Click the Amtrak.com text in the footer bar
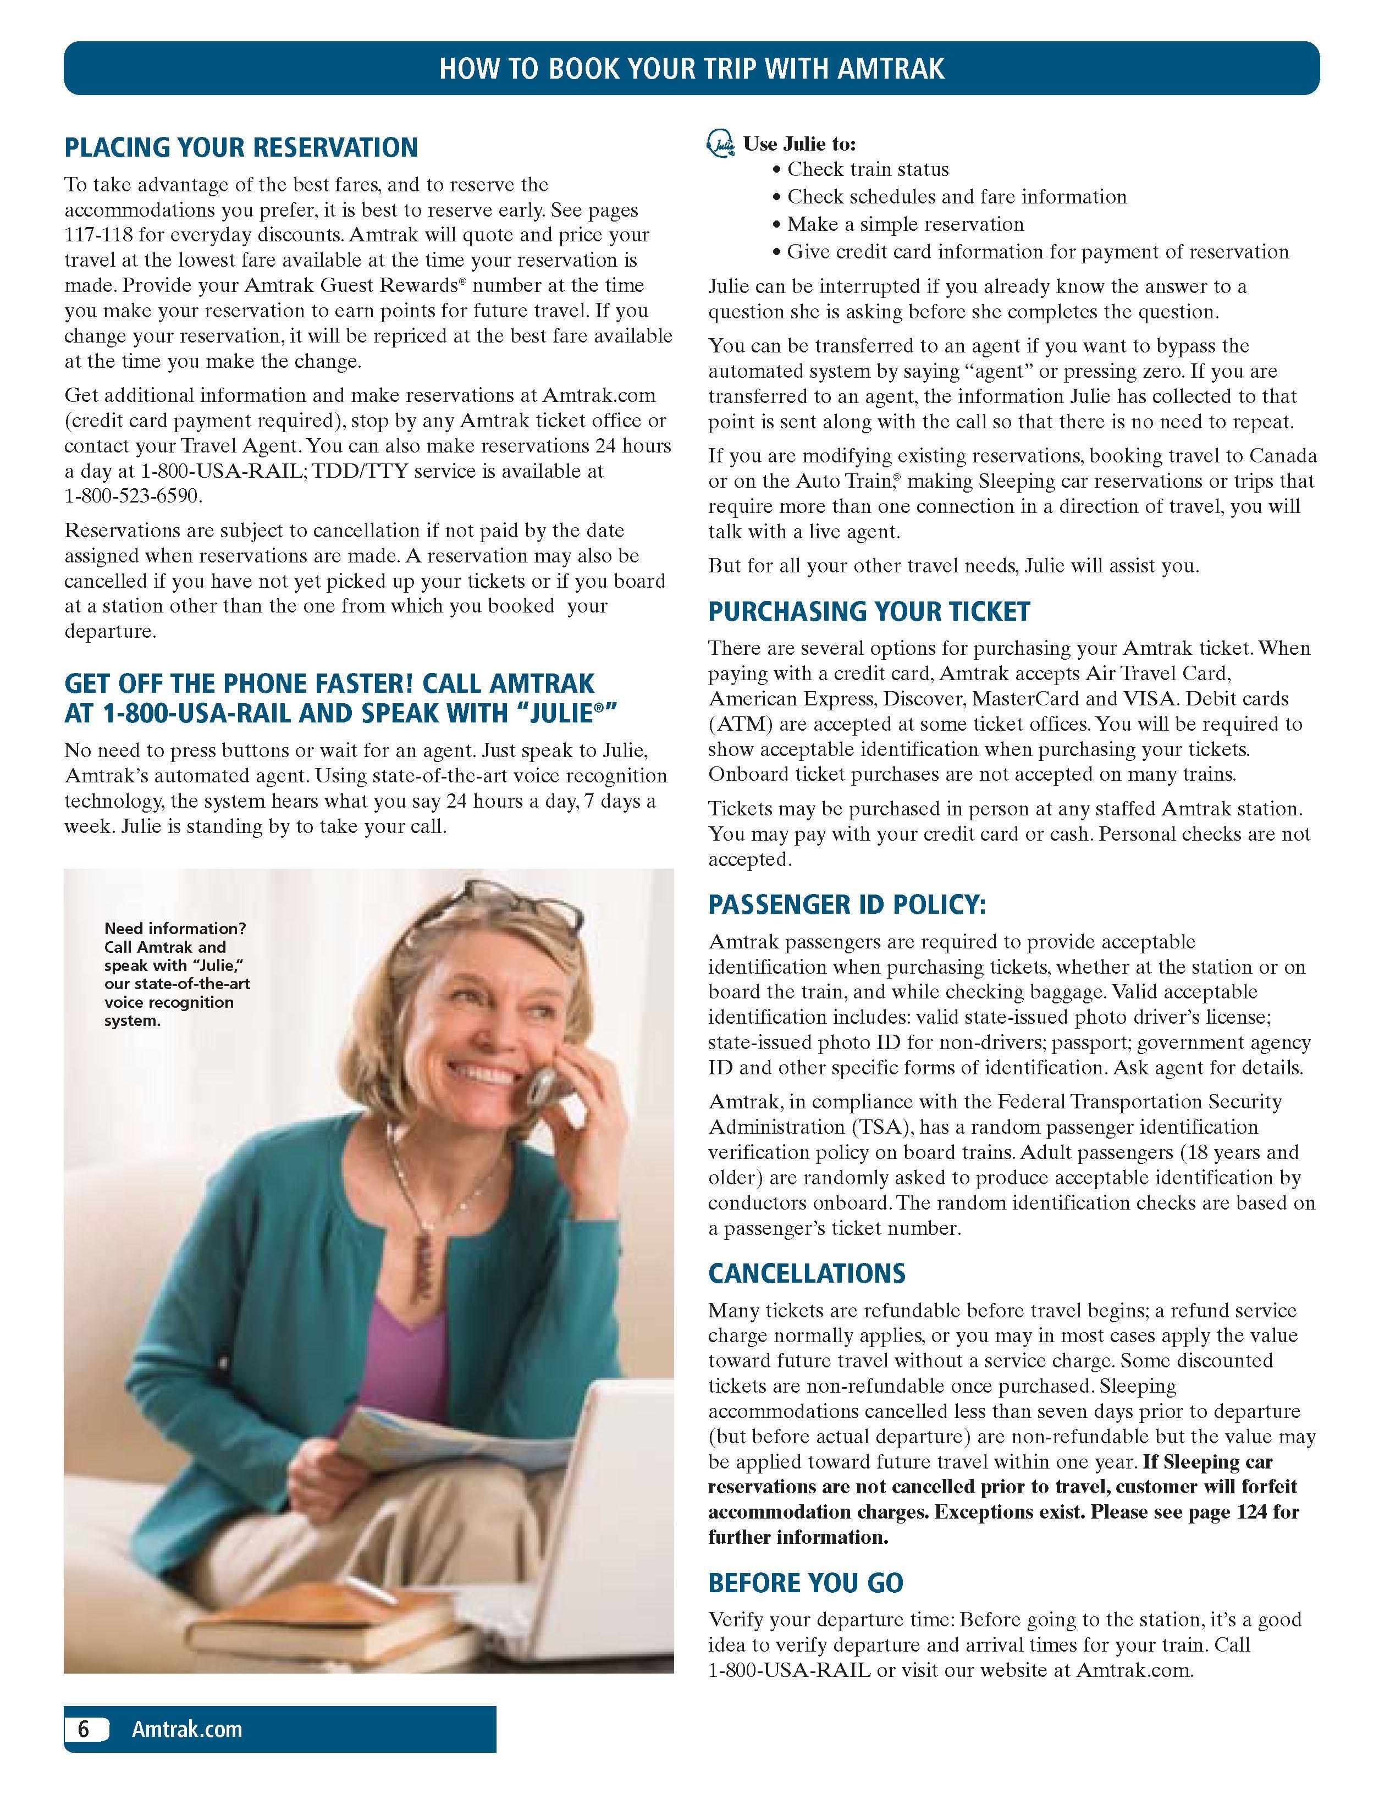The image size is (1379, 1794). coord(187,1729)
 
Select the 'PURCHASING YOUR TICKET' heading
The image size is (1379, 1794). coord(868,611)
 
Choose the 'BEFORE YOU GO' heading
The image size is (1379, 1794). coord(805,1583)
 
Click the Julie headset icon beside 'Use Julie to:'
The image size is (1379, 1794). coord(720,145)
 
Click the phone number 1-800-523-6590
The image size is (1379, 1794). coord(132,496)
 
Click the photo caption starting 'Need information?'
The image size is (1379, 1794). coord(176,974)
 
